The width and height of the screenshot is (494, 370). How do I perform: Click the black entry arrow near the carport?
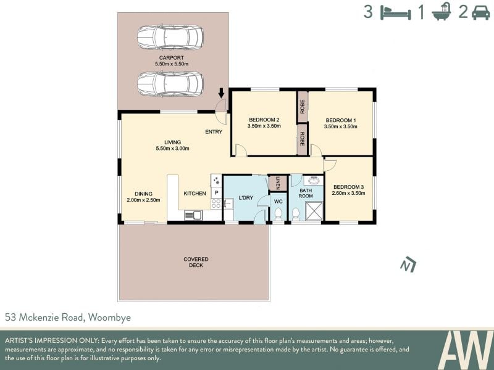pos(221,93)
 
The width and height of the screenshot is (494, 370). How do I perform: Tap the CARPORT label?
pos(172,58)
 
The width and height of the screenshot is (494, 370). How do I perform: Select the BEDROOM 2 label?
pos(264,120)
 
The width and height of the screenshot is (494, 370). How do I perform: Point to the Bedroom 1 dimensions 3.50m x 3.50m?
pos(341,127)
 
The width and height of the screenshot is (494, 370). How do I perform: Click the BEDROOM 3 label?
pos(348,187)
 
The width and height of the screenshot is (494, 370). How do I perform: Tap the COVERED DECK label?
pos(196,262)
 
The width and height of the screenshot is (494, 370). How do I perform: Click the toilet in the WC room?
pos(278,214)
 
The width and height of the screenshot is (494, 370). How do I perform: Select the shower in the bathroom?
pos(313,211)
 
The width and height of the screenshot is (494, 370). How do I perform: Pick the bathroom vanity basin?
pos(314,181)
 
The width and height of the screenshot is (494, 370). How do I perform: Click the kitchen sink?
pos(193,215)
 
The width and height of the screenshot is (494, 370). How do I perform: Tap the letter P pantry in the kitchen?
pos(217,192)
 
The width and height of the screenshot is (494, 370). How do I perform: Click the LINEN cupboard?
pos(277,183)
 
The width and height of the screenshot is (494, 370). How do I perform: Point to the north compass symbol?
pos(408,265)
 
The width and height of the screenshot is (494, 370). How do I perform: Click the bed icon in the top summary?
pos(396,12)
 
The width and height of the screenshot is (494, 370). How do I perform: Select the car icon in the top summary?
pos(481,13)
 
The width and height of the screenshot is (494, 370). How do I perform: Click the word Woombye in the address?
pos(109,318)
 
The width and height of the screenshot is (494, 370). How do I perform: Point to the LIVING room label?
pos(173,142)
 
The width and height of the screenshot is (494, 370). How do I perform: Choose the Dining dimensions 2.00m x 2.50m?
pos(143,200)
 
